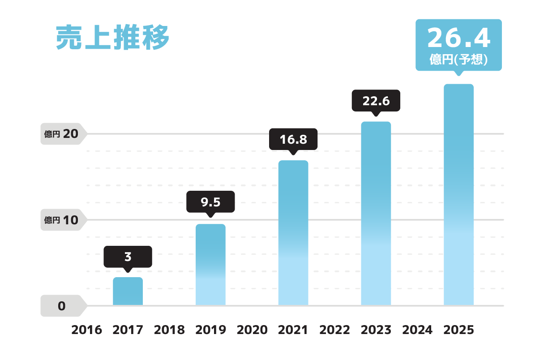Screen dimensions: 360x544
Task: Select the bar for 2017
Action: [128, 291]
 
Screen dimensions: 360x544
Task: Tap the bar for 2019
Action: [210, 265]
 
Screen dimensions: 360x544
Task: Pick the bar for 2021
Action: [293, 233]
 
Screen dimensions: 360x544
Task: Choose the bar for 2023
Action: [376, 214]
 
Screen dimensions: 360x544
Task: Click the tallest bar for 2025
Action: [458, 195]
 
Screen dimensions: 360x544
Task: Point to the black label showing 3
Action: [128, 257]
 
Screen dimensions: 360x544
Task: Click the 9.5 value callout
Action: [210, 202]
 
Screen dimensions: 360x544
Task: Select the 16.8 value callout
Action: [293, 139]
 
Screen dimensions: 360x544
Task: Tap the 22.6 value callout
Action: [376, 101]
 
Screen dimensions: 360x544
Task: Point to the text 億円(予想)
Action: [458, 60]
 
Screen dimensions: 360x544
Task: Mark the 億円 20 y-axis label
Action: [61, 134]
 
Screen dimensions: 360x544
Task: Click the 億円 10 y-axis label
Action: [61, 220]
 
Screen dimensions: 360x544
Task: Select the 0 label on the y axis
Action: [62, 306]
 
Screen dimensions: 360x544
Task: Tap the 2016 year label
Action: [87, 330]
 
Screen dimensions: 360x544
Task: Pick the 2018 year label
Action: [169, 330]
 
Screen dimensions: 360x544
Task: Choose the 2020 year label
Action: [252, 330]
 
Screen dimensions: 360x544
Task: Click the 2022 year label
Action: [334, 330]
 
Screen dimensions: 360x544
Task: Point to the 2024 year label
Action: [417, 330]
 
